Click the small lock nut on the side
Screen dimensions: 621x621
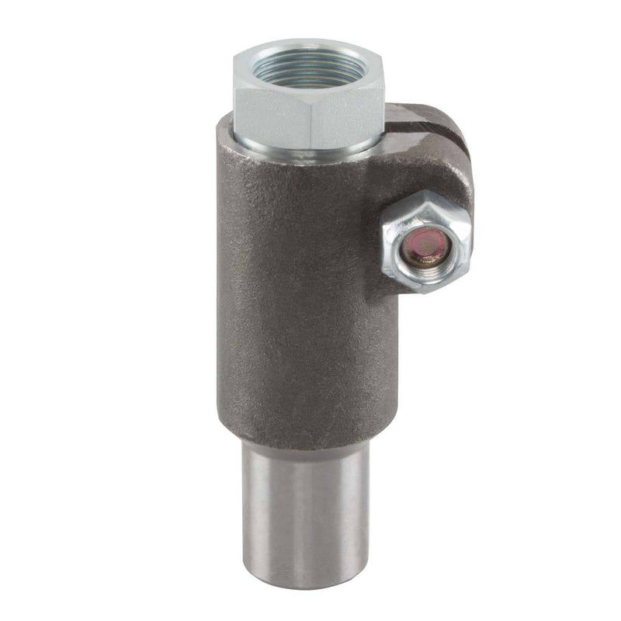pos(426,241)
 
